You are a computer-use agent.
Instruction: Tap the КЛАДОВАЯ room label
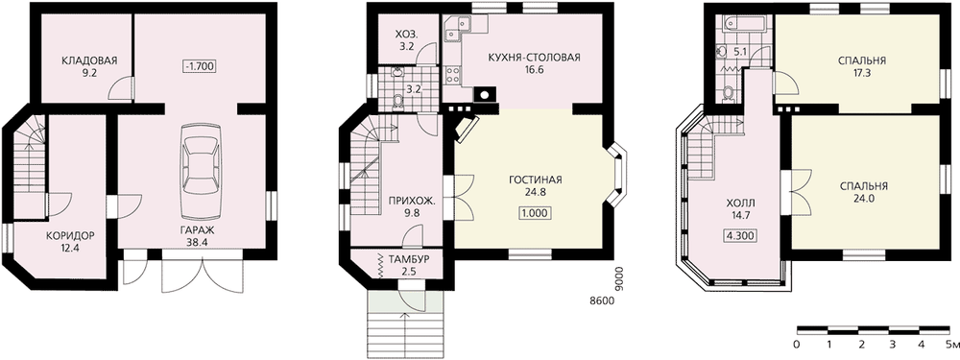[x=88, y=60]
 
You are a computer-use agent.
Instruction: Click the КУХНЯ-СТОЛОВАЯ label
[x=533, y=59]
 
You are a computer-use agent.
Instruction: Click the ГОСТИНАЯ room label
[x=535, y=180]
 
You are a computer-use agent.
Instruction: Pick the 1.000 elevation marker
[x=535, y=213]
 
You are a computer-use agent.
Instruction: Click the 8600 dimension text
[x=601, y=300]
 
